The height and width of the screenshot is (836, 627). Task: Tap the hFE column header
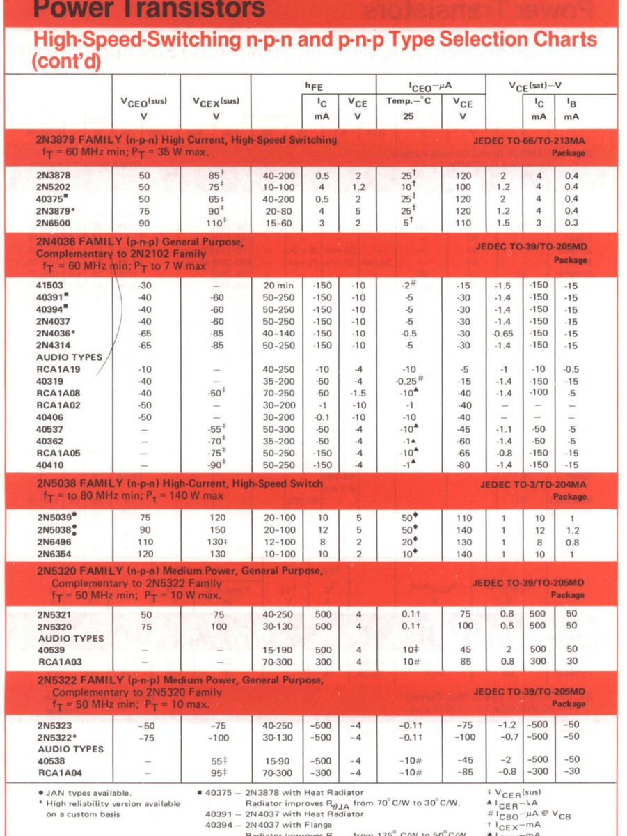click(x=315, y=86)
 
